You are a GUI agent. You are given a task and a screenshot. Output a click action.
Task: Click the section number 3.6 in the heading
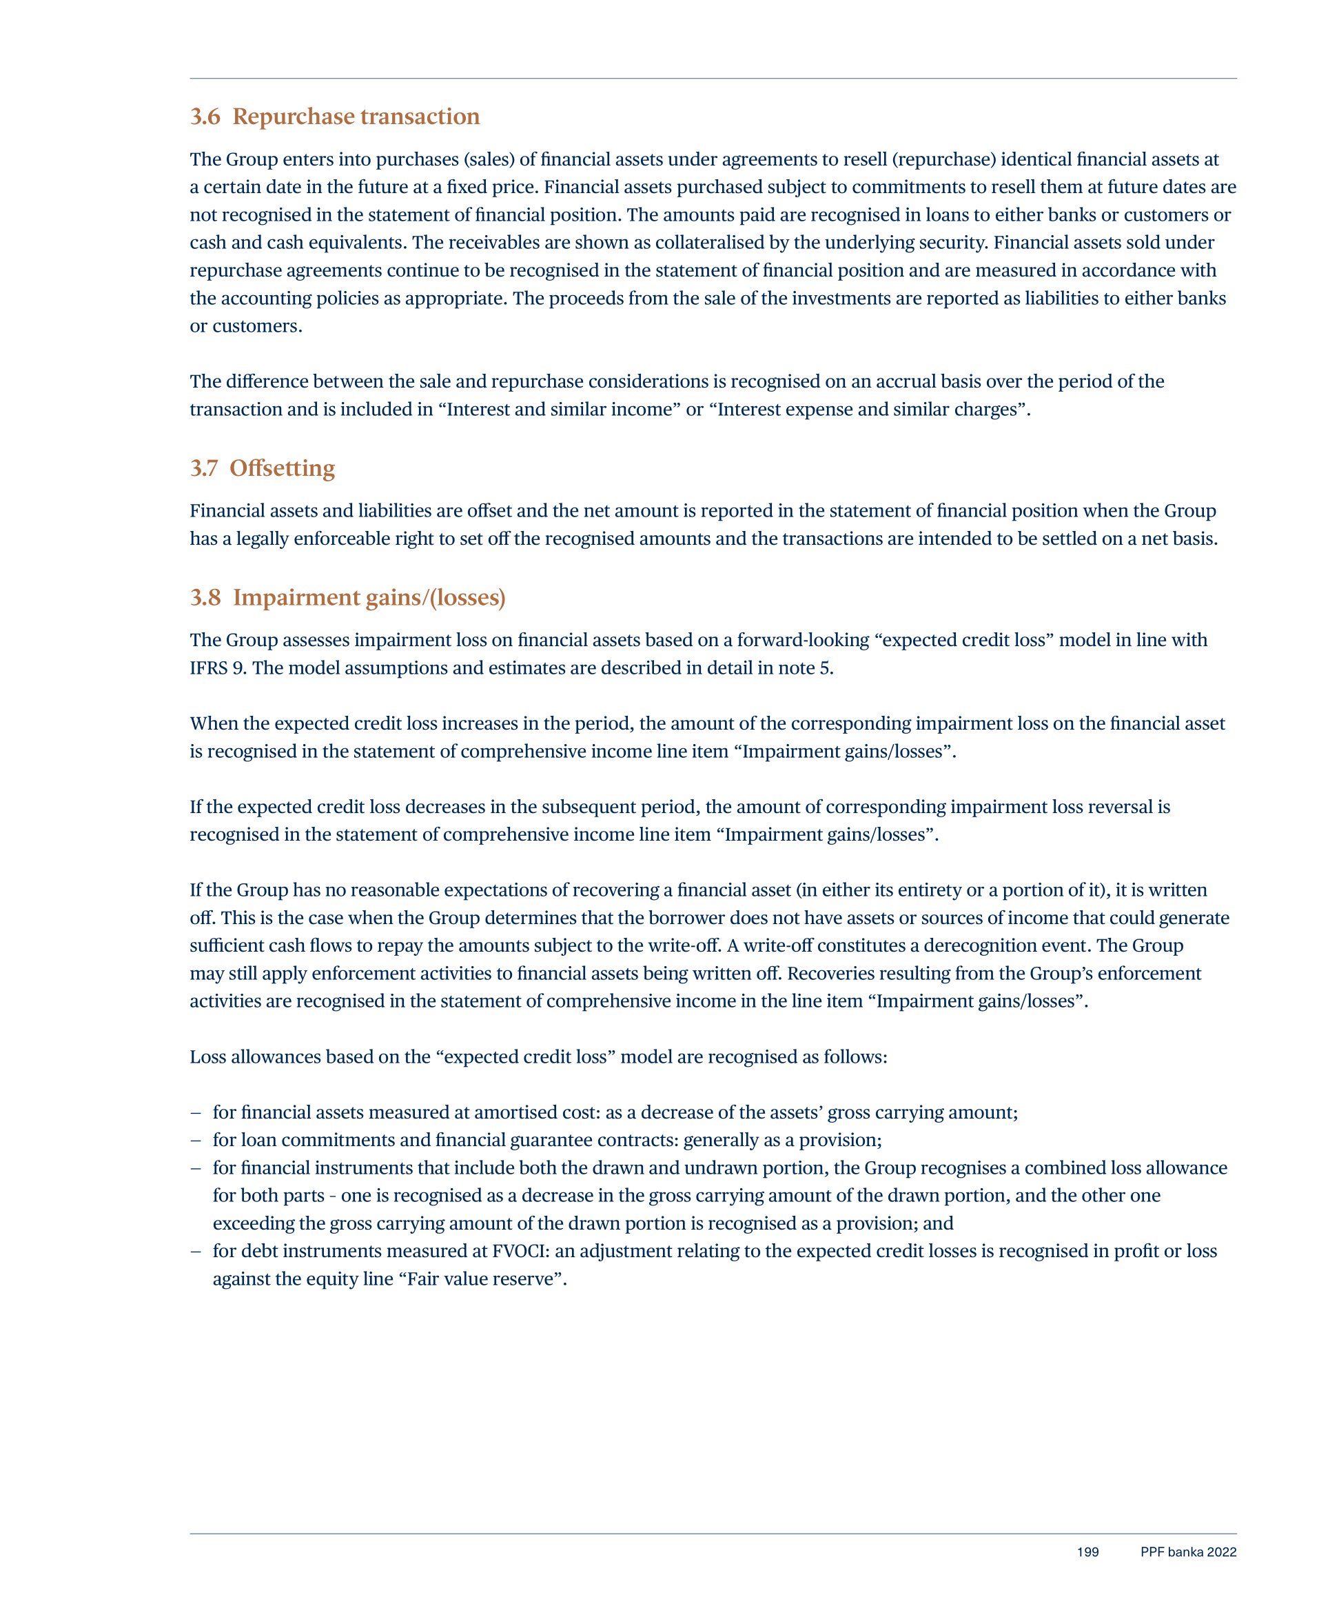(205, 117)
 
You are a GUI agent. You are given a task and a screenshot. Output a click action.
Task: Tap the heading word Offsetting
(282, 468)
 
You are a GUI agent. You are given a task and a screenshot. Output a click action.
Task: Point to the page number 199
(1087, 1552)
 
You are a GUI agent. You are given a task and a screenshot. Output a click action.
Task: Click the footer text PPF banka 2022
(1188, 1552)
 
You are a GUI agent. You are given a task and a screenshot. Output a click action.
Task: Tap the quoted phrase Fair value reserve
(482, 1279)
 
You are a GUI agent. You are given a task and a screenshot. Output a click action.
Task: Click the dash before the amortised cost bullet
(196, 1113)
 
